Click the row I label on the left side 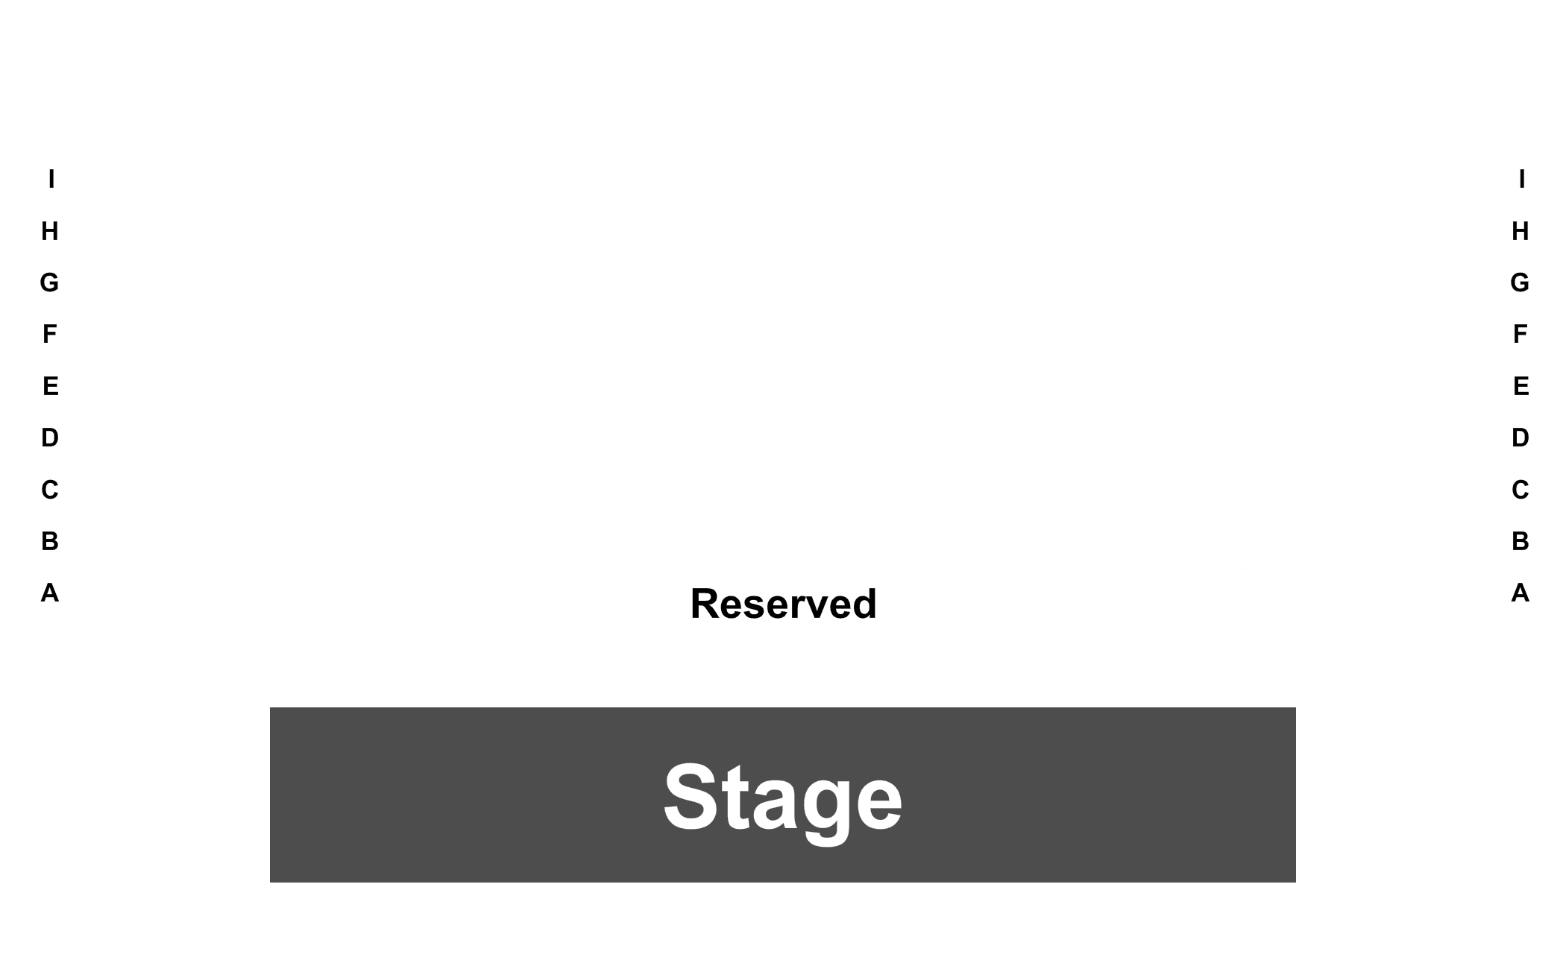click(51, 179)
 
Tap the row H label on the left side click(50, 231)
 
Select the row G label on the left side click(49, 283)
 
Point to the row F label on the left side click(50, 334)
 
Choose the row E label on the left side click(50, 386)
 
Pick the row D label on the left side click(50, 438)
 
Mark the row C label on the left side click(50, 490)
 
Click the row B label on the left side click(50, 541)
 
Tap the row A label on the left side click(50, 593)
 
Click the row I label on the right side click(1522, 179)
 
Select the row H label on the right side click(1521, 231)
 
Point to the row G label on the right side click(1520, 283)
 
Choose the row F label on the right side click(1521, 334)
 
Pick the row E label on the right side click(1521, 386)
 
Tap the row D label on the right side click(1521, 438)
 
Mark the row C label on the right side click(1521, 490)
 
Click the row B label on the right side click(1521, 541)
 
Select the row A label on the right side click(1521, 593)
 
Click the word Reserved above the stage click(783, 604)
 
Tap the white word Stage click(783, 799)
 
